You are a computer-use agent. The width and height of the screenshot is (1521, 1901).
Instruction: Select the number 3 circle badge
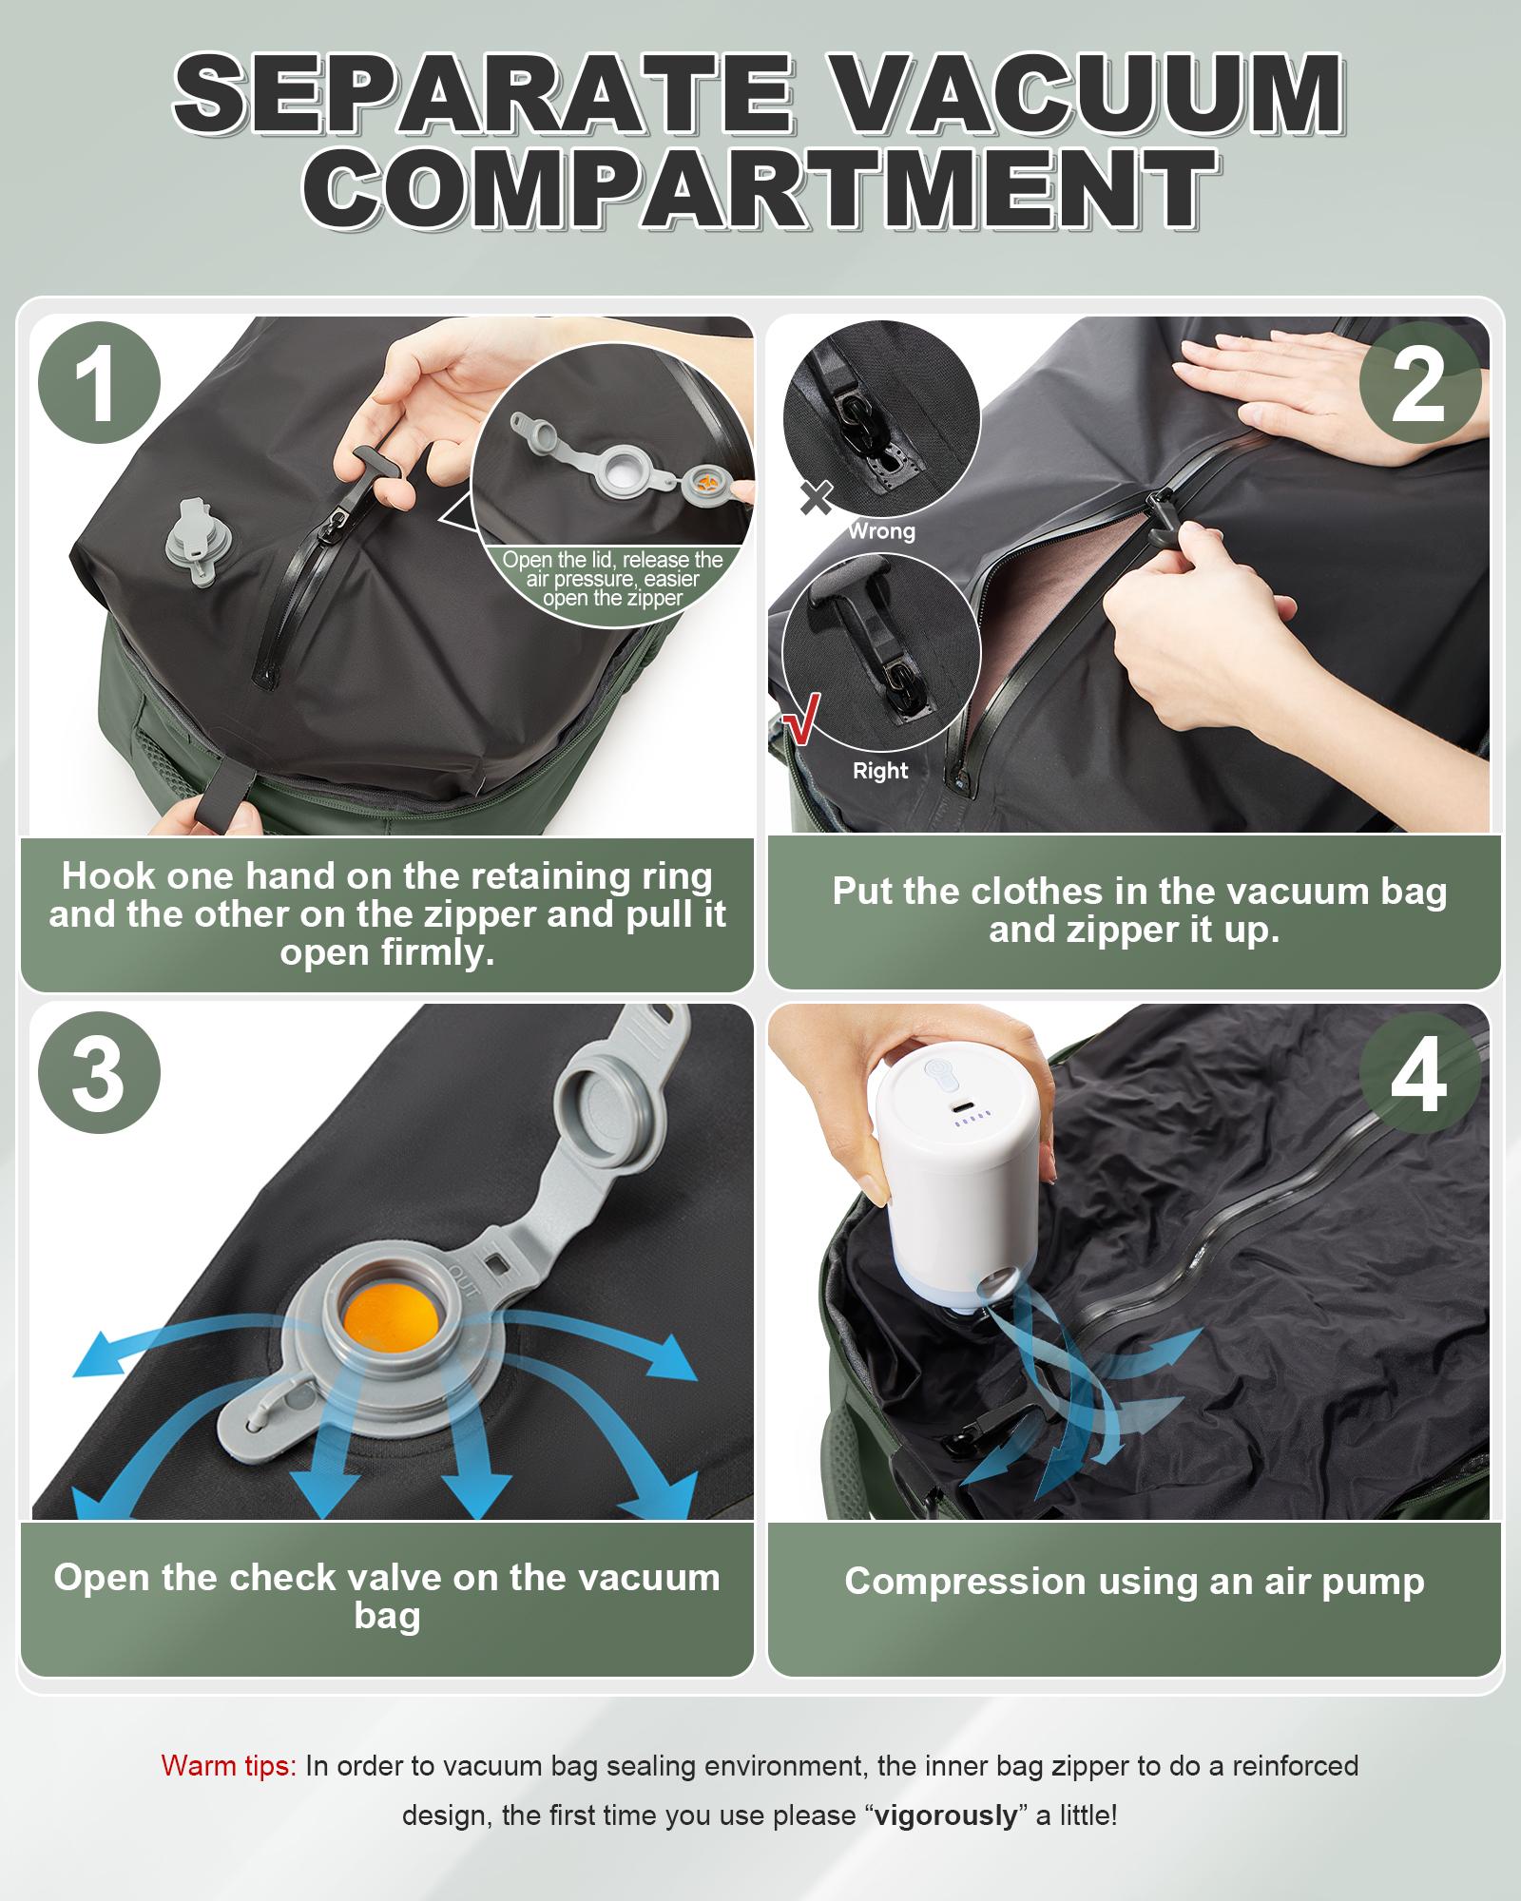tap(98, 1073)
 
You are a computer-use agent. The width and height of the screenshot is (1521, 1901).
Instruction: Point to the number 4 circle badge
tap(1419, 1073)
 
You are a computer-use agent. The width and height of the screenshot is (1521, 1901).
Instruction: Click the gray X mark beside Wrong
tap(817, 498)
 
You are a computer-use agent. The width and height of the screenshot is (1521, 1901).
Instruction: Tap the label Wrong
tap(881, 531)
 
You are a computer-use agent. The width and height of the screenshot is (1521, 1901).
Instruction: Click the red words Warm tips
tap(229, 1766)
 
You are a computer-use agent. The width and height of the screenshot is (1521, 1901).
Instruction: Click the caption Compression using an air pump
tap(1134, 1581)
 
